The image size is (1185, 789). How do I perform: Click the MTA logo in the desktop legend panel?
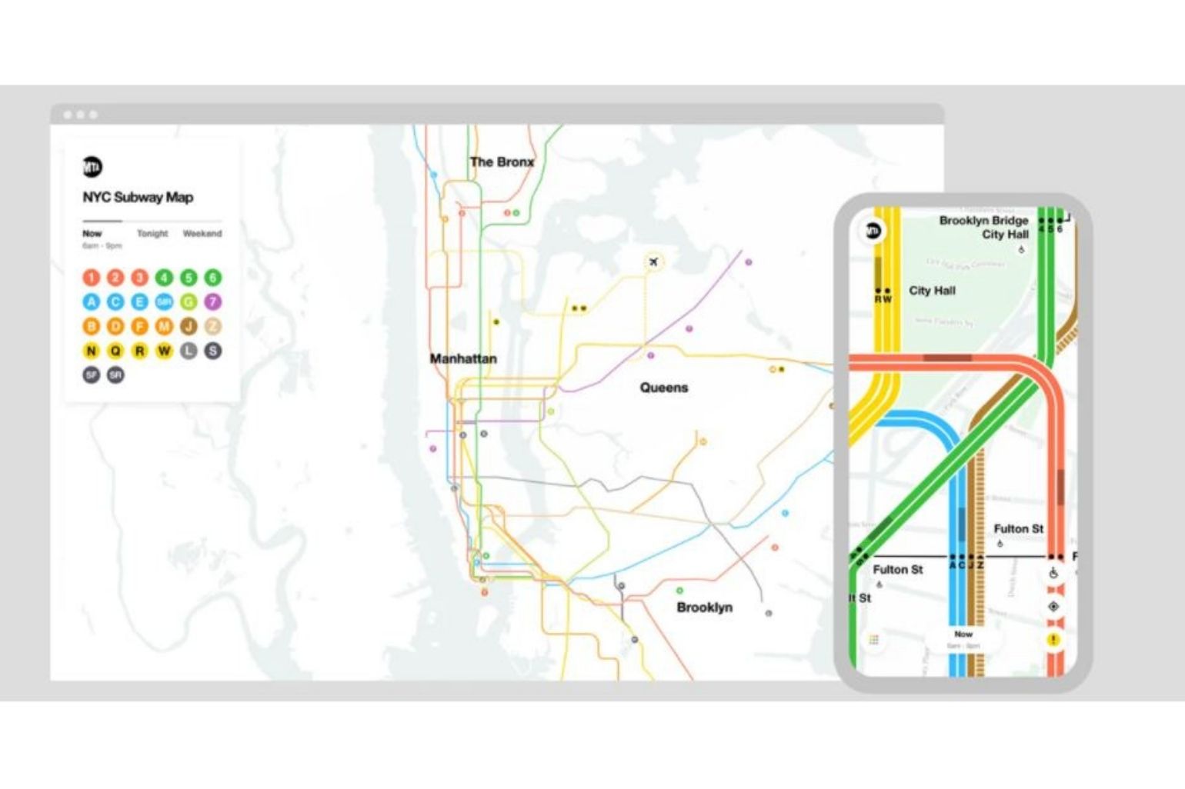pyautogui.click(x=92, y=167)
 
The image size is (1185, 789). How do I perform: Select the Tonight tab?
pyautogui.click(x=152, y=234)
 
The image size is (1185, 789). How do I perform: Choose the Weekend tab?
pyautogui.click(x=202, y=234)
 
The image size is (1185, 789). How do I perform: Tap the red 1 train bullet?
pyautogui.click(x=92, y=278)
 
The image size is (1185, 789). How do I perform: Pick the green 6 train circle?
pyautogui.click(x=213, y=278)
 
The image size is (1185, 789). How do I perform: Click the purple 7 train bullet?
pyautogui.click(x=213, y=302)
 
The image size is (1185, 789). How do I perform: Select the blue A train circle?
pyautogui.click(x=92, y=302)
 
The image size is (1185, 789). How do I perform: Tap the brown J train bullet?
pyautogui.click(x=189, y=327)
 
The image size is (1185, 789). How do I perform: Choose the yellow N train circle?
pyautogui.click(x=92, y=351)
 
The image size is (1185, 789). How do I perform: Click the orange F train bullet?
pyautogui.click(x=140, y=327)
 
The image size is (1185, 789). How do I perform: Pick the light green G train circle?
pyautogui.click(x=189, y=302)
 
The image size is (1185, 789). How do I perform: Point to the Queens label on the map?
pyautogui.click(x=664, y=388)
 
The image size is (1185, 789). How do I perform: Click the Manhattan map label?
pyautogui.click(x=463, y=359)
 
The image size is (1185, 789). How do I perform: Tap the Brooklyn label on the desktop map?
pyautogui.click(x=704, y=608)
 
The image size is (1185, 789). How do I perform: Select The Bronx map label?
pyautogui.click(x=502, y=162)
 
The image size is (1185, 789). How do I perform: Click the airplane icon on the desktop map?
pyautogui.click(x=653, y=263)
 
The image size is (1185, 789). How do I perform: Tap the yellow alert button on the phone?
pyautogui.click(x=1053, y=640)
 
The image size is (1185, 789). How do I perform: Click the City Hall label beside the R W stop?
pyautogui.click(x=932, y=291)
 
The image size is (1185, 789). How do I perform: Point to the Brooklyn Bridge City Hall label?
pyautogui.click(x=985, y=228)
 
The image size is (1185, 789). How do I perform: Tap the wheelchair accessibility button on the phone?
pyautogui.click(x=1053, y=574)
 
